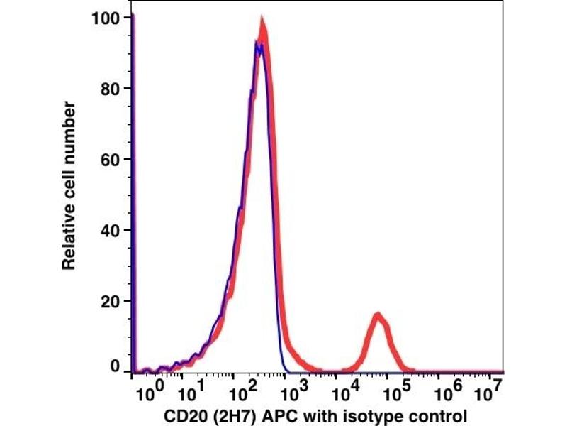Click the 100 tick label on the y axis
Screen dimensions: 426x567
(105, 18)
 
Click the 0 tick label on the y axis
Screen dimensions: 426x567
(115, 367)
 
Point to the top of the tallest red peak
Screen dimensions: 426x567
(262, 20)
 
